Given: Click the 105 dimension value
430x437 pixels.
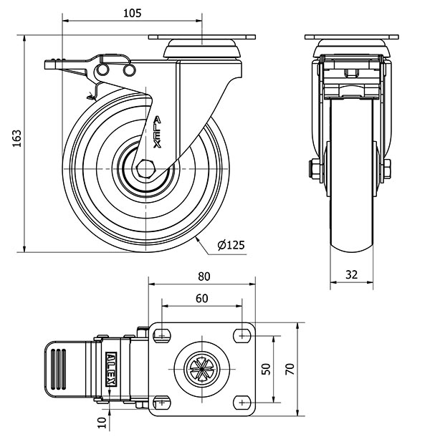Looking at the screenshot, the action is point(133,13).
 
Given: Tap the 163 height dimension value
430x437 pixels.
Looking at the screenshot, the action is point(16,138).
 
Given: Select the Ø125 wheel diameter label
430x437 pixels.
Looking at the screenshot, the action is point(231,245).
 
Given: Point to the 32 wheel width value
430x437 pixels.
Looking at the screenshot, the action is point(351,275).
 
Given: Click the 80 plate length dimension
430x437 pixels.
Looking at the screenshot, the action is point(204,277).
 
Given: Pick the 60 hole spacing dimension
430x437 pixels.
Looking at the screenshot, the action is point(201,298).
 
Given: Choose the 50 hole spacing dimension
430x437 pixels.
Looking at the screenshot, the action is point(267,369).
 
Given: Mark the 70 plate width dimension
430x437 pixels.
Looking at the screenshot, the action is point(290,369).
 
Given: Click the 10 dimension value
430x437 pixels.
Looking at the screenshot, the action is point(102,422).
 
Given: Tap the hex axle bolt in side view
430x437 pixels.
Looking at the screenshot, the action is point(145,168).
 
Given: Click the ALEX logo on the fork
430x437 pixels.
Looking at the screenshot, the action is point(158,132).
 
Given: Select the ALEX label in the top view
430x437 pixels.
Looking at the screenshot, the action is point(111,369).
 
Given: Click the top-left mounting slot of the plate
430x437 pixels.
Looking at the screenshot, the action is point(162,335).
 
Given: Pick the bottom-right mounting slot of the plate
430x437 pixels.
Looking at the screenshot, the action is point(242,403).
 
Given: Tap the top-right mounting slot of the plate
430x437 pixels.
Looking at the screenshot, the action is point(242,335).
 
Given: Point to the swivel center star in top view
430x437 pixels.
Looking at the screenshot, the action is point(201,369).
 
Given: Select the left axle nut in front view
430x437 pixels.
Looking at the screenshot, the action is point(313,169).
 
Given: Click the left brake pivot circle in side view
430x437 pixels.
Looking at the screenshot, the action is point(102,69).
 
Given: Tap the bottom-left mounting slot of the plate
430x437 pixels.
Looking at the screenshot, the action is point(162,403).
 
